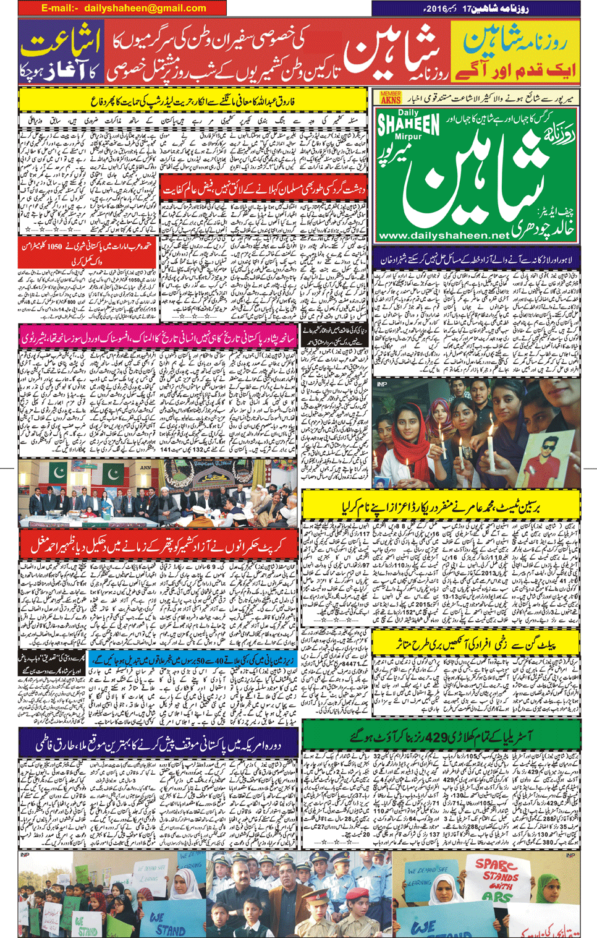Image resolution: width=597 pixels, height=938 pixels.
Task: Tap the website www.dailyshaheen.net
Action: pyautogui.click(x=444, y=235)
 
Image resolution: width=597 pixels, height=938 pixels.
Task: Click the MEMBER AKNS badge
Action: pyautogui.click(x=391, y=98)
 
